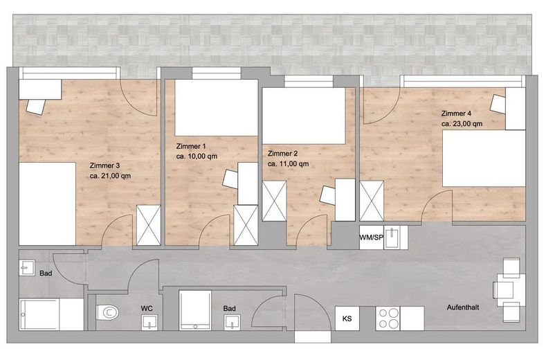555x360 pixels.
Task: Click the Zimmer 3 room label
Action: pyautogui.click(x=104, y=165)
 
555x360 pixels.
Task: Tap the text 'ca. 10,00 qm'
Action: pyautogui.click(x=197, y=156)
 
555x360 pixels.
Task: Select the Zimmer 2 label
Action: pyautogui.click(x=282, y=154)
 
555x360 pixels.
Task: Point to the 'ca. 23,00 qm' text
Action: pyautogui.click(x=462, y=124)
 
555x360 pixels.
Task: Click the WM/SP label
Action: pyautogui.click(x=372, y=237)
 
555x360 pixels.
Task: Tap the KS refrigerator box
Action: pyautogui.click(x=347, y=318)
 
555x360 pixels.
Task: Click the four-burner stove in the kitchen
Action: pyautogui.click(x=388, y=318)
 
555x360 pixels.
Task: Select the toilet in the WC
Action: pyautogui.click(x=107, y=312)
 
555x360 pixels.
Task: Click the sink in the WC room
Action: pyautogui.click(x=149, y=322)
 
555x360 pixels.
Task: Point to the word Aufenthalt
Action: pyautogui.click(x=463, y=307)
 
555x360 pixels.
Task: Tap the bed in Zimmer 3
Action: pyautogui.click(x=48, y=204)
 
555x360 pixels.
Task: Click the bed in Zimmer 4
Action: pyautogui.click(x=484, y=159)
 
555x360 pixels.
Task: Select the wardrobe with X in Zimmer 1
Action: pyautogui.click(x=246, y=225)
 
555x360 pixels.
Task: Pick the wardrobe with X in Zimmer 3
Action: pyautogui.click(x=149, y=225)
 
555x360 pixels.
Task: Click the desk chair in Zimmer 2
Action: pyautogui.click(x=327, y=195)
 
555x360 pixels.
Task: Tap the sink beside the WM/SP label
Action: pyautogui.click(x=392, y=237)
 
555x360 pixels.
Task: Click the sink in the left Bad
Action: pyautogui.click(x=27, y=268)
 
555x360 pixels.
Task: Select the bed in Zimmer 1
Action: pyautogui.click(x=217, y=108)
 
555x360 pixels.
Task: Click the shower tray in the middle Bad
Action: pyautogui.click(x=195, y=310)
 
